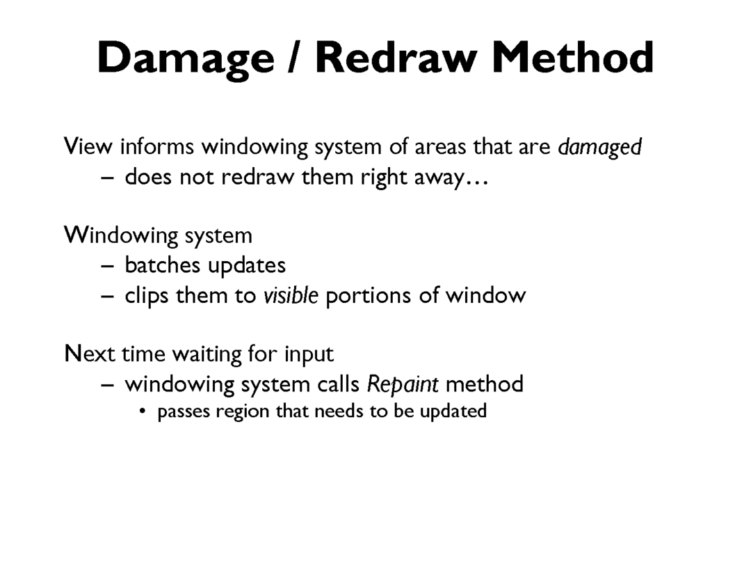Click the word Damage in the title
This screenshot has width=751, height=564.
186,59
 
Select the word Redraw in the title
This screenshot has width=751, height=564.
396,57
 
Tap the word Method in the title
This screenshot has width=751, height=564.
573,57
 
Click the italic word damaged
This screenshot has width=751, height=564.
599,147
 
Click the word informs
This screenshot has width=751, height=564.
157,146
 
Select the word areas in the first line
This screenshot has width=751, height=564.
440,147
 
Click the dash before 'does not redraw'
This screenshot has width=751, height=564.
108,178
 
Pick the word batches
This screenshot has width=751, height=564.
162,265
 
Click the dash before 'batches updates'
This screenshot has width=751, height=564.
108,266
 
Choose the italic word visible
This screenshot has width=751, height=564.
291,295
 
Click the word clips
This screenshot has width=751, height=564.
147,296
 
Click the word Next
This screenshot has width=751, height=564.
90,354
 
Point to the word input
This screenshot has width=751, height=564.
309,355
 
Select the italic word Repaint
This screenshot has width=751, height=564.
403,384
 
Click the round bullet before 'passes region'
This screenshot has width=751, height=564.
142,411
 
